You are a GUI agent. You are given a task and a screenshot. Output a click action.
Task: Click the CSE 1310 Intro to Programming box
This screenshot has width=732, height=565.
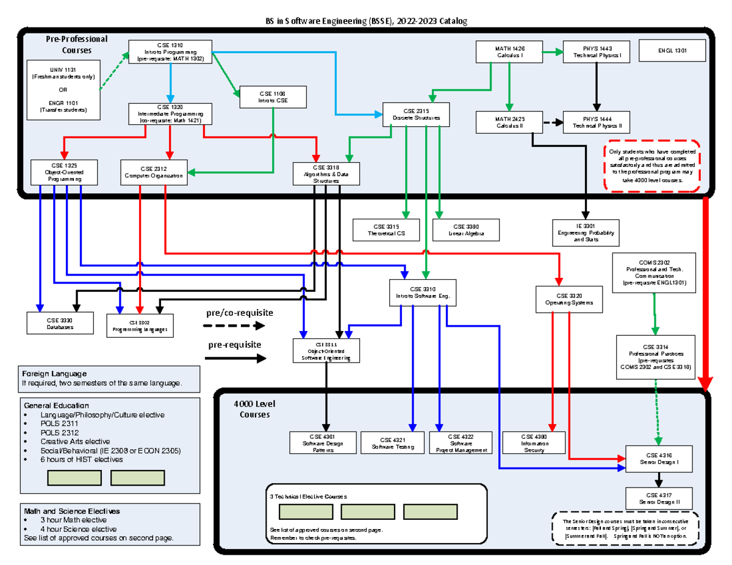[x=170, y=52]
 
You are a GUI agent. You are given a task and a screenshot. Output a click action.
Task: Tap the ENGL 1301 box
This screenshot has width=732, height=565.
[x=672, y=51]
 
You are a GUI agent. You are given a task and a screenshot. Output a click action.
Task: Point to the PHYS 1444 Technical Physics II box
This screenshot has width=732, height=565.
[x=597, y=122]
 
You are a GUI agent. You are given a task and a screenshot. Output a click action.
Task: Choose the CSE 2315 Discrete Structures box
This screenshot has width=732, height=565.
[x=416, y=114]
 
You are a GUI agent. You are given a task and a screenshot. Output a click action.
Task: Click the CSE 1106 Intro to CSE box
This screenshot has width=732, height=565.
[x=273, y=97]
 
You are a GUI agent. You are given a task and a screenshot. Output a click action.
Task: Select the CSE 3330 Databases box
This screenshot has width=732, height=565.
[x=60, y=323]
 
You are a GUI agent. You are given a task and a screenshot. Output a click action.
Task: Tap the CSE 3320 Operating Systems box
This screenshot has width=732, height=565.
[x=564, y=298]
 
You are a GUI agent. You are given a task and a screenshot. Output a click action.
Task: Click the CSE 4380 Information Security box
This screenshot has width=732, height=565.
[x=534, y=443]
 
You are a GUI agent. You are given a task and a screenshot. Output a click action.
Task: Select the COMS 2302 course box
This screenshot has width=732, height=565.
[x=654, y=271]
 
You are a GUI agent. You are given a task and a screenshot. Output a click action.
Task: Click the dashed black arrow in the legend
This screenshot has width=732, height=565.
[x=234, y=325]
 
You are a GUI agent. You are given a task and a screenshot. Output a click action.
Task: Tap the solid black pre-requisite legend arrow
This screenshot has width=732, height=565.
[x=235, y=358]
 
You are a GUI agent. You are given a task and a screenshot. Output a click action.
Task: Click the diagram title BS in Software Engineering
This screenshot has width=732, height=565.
[x=365, y=21]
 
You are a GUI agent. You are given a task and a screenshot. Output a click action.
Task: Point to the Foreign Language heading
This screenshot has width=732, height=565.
[x=54, y=373]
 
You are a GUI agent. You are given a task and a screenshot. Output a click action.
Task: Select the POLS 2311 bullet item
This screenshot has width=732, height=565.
[x=59, y=424]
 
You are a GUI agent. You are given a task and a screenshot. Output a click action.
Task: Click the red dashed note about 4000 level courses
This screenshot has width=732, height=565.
[x=652, y=166]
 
